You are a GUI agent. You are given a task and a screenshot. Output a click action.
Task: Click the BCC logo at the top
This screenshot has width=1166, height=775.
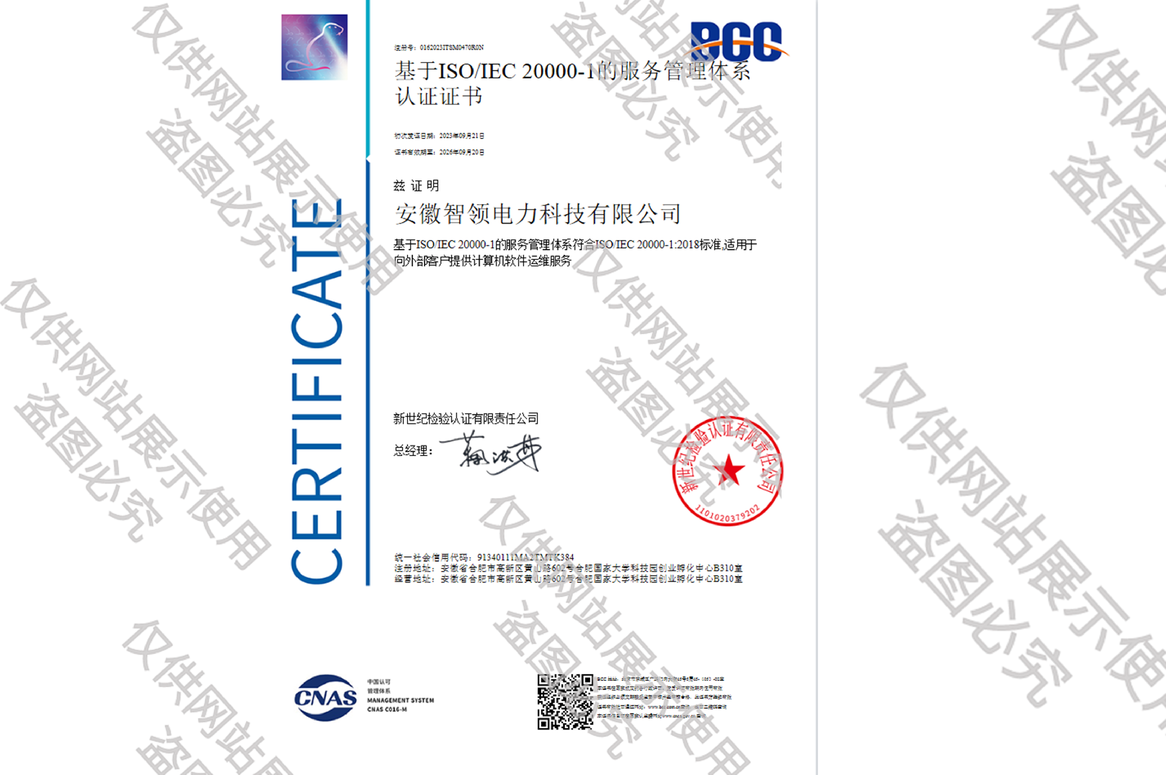point(737,42)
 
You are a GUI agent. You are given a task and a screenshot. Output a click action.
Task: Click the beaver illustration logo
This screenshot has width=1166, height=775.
point(314,47)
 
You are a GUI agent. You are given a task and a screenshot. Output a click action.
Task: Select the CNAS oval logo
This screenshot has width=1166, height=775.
point(326,698)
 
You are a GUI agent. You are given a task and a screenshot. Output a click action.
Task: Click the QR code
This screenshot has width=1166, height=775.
point(565,702)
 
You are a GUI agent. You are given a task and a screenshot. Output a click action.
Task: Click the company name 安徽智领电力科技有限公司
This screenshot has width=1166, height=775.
point(537,214)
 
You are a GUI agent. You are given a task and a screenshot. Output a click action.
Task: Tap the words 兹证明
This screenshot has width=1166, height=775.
point(416,186)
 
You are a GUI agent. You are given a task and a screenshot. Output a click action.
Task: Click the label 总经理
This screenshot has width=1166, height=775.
point(412,451)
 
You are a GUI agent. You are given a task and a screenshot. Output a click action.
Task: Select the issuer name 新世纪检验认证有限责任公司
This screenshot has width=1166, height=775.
point(466,418)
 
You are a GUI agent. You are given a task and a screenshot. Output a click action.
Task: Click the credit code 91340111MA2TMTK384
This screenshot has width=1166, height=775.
point(525,557)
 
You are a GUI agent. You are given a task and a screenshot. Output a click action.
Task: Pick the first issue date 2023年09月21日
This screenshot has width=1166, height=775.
point(462,136)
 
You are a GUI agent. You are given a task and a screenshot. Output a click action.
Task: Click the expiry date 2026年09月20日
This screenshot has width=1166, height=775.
point(462,152)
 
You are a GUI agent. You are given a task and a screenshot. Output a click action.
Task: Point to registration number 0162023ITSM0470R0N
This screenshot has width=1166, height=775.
point(451,47)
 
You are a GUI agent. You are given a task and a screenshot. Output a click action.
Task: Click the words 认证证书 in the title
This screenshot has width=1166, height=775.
point(439,97)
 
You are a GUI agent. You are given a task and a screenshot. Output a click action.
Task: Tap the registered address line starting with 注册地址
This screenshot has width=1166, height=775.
point(568,568)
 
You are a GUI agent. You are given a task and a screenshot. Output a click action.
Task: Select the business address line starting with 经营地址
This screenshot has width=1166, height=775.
point(568,579)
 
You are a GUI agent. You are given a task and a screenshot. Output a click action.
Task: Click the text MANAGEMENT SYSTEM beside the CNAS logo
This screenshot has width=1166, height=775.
point(400,700)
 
